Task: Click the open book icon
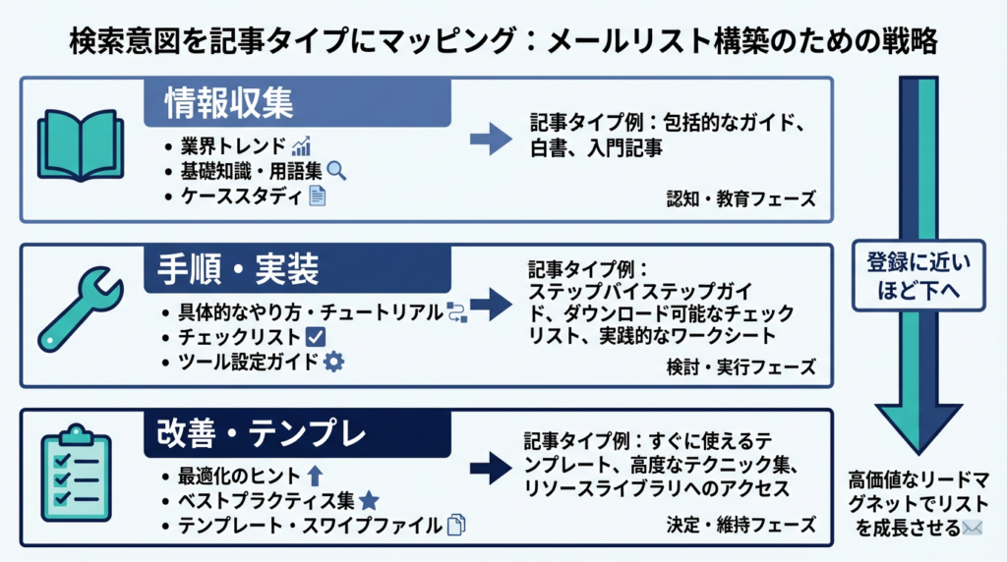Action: tap(80, 148)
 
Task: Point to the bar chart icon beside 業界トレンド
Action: tap(303, 145)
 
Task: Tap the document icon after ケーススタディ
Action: tap(317, 195)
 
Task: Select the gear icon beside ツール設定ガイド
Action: tap(334, 362)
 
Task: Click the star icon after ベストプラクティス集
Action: tap(369, 501)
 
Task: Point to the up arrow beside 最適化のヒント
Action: tap(316, 477)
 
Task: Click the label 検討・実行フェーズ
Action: tap(740, 367)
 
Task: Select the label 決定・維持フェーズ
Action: tap(740, 526)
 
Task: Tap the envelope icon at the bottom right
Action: tap(974, 529)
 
